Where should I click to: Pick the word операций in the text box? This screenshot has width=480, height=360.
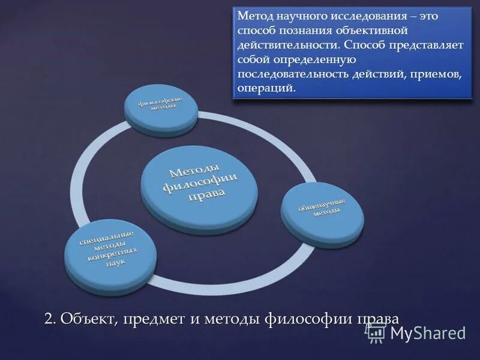[266, 88]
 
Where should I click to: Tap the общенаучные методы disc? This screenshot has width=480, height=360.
[322, 208]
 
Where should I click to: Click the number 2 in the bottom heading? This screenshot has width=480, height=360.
[49, 318]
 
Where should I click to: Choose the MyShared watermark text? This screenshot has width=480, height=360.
[428, 334]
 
